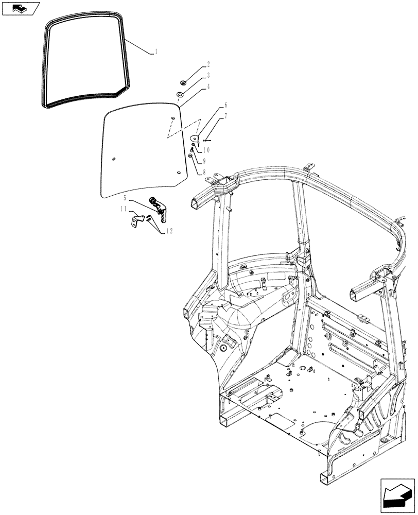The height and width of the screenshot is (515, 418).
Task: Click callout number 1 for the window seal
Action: click(x=156, y=52)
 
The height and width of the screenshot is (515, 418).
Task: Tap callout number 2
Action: click(x=208, y=65)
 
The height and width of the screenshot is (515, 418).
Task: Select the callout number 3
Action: click(x=208, y=76)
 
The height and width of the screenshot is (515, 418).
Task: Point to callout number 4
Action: click(x=208, y=88)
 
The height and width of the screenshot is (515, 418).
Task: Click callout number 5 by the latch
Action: click(x=125, y=197)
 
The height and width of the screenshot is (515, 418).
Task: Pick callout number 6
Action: click(x=225, y=106)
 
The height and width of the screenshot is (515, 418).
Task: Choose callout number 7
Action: click(x=225, y=118)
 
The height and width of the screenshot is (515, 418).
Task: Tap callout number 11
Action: click(x=124, y=209)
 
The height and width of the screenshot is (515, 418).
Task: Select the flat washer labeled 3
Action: click(x=181, y=95)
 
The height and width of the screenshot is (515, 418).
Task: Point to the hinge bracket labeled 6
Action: click(x=196, y=138)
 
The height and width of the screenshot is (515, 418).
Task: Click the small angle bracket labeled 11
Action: click(x=135, y=221)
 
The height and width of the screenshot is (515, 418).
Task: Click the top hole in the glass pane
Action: click(x=172, y=119)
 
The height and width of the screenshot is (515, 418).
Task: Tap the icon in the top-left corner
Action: click(x=20, y=8)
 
